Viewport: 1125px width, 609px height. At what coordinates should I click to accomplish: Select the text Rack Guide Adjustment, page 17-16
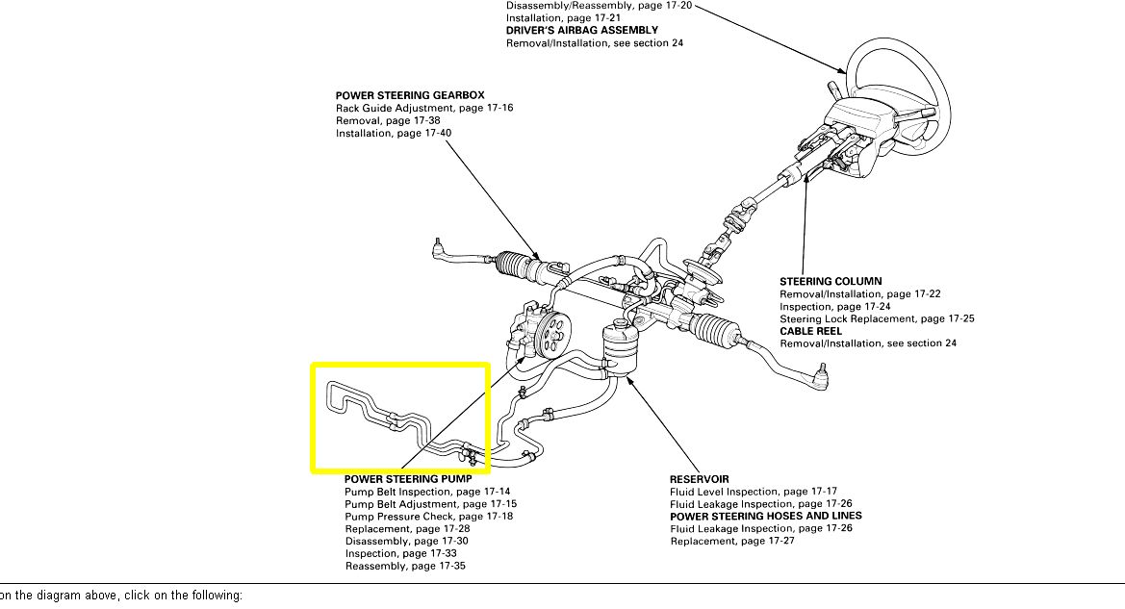tap(423, 109)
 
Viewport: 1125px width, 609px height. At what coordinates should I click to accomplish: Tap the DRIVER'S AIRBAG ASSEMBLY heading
tap(582, 31)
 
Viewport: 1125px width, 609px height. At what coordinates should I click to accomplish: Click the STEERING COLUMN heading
tap(830, 282)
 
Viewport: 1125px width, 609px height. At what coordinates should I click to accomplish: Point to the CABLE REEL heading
tap(810, 332)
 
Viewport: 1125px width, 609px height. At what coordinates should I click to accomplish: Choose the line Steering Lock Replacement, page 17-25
tap(877, 319)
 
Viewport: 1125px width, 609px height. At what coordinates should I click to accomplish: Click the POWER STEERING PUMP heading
tap(408, 479)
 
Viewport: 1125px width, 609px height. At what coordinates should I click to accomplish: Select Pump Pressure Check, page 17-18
tap(428, 517)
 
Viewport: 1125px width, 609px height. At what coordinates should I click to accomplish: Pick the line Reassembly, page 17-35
tap(405, 567)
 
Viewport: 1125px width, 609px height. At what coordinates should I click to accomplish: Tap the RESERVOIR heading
tap(699, 479)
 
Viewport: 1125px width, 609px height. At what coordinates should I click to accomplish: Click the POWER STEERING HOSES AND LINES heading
tap(766, 517)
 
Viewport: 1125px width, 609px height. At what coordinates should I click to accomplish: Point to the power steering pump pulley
tap(551, 338)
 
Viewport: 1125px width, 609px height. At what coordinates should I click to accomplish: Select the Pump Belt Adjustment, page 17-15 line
tap(430, 504)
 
